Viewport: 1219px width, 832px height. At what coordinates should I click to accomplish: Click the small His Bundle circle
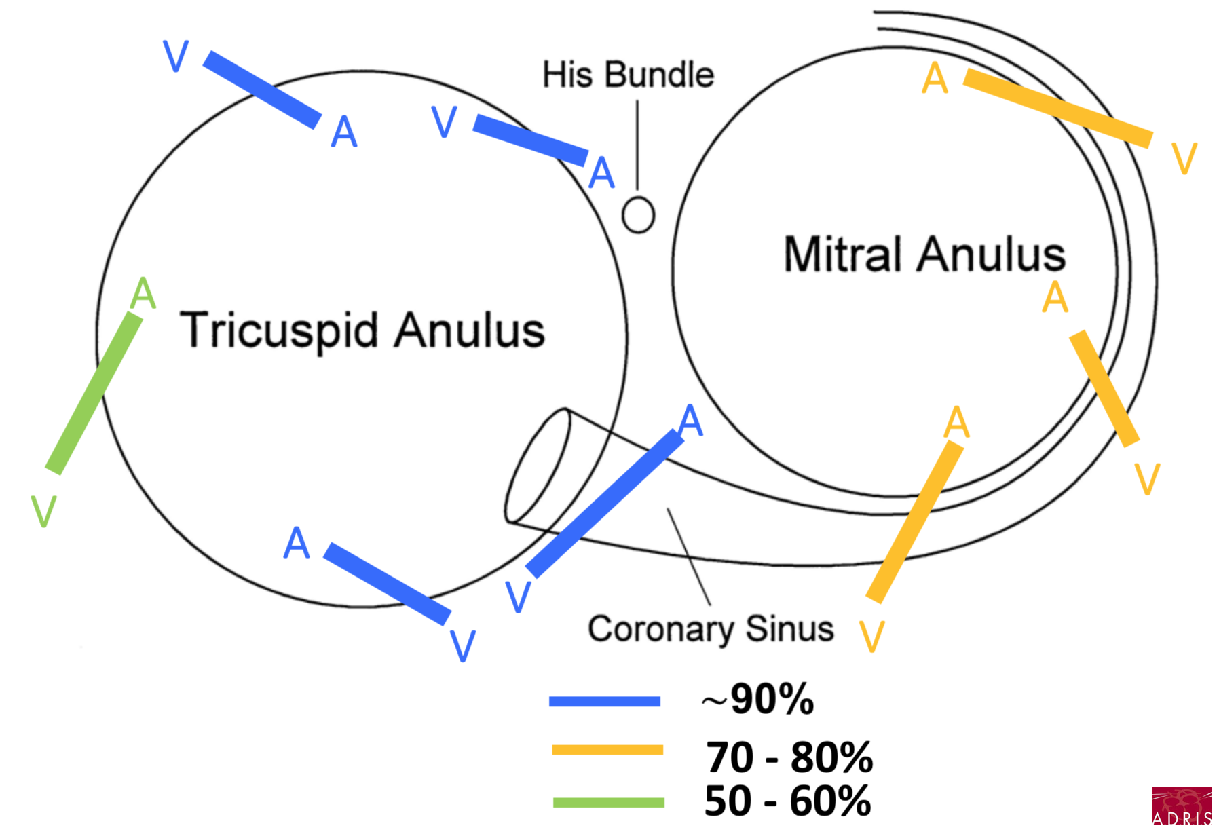tap(638, 215)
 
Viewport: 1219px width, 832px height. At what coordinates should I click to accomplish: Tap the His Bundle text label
tap(628, 75)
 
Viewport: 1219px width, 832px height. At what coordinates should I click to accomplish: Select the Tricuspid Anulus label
tap(362, 330)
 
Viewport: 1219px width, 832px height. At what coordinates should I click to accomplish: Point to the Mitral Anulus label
tap(924, 255)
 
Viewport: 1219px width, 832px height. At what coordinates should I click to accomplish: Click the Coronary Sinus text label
tap(711, 629)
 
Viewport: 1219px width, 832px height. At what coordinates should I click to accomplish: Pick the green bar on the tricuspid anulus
tap(94, 393)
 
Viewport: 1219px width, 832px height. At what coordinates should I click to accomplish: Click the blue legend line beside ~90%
tap(604, 701)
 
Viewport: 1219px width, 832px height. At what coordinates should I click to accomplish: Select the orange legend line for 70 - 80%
tap(607, 750)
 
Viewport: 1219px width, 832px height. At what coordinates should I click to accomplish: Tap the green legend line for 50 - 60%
tap(608, 802)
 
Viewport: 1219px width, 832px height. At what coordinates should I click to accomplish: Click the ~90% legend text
tap(758, 698)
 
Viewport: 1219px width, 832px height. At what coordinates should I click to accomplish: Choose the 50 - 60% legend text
tap(787, 801)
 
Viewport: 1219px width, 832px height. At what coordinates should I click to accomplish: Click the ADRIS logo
tap(1182, 806)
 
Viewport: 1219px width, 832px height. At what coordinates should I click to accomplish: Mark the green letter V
tap(43, 511)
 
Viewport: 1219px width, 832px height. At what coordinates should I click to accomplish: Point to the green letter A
tap(143, 294)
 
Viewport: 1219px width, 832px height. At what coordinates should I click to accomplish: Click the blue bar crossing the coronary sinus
tap(605, 503)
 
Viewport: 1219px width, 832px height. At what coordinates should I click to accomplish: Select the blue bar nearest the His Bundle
tap(530, 140)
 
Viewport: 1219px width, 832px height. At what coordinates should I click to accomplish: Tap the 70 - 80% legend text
tap(789, 757)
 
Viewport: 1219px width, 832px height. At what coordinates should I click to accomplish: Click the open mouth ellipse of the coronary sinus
tap(538, 466)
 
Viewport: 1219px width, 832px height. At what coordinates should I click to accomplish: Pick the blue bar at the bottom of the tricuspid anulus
tap(387, 583)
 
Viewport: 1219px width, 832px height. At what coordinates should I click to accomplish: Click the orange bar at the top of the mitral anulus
tap(1057, 107)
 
